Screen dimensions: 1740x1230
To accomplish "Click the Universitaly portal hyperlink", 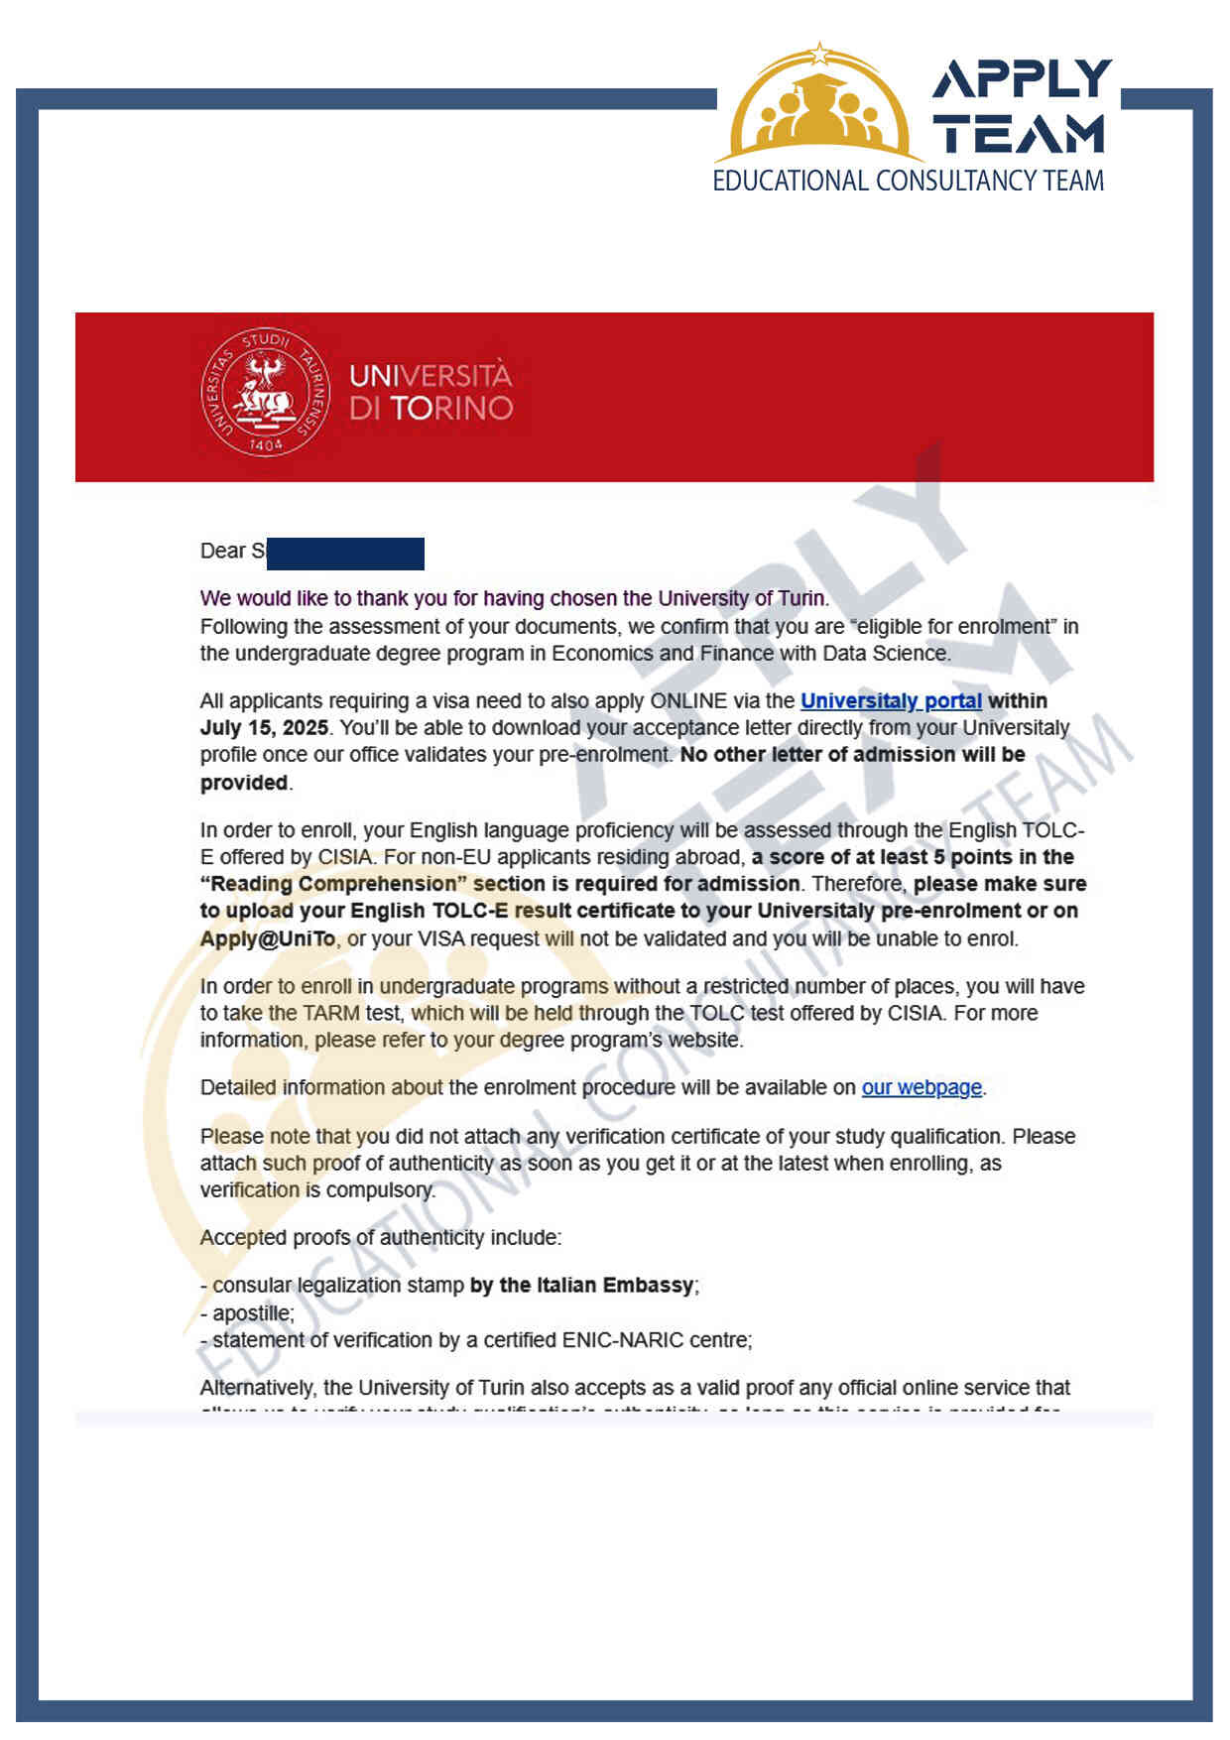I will [x=891, y=701].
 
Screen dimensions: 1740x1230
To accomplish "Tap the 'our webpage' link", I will [x=922, y=1088].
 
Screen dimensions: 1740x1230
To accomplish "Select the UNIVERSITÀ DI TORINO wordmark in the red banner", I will [x=430, y=393].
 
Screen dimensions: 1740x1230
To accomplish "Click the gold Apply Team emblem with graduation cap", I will [x=819, y=107].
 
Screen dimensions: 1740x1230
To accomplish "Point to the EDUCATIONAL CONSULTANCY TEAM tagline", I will [x=908, y=182].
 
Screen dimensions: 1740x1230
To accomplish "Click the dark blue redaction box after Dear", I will [x=345, y=554].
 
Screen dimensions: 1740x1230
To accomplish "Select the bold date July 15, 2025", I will [x=264, y=728].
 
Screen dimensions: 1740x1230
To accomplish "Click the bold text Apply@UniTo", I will [x=268, y=938].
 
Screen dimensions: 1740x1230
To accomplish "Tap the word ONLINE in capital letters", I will [x=688, y=701].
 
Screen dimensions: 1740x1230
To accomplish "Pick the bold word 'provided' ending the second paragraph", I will [x=244, y=783].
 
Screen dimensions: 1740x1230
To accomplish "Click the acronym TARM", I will [x=331, y=1014].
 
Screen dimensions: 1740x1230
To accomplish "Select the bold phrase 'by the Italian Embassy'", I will [x=582, y=1286].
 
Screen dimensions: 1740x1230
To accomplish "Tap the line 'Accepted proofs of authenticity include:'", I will [x=381, y=1238].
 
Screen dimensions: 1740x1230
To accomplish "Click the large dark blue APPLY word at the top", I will [x=1022, y=79].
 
